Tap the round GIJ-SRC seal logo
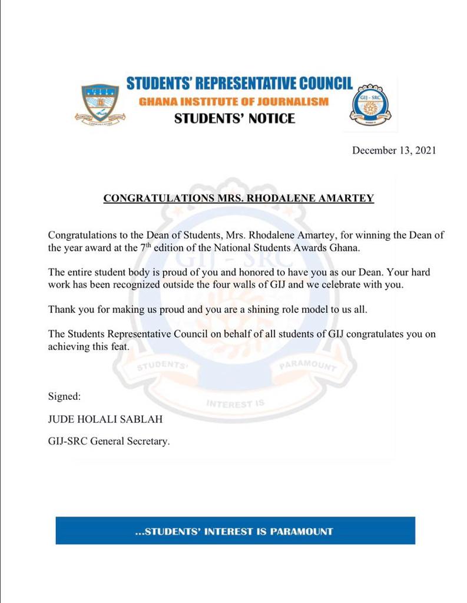click(370, 104)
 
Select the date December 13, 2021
click(394, 150)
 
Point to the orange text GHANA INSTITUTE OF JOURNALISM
click(234, 102)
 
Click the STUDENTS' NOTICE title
click(234, 118)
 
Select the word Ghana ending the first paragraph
click(344, 248)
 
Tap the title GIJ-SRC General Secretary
click(108, 440)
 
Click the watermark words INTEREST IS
click(235, 405)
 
